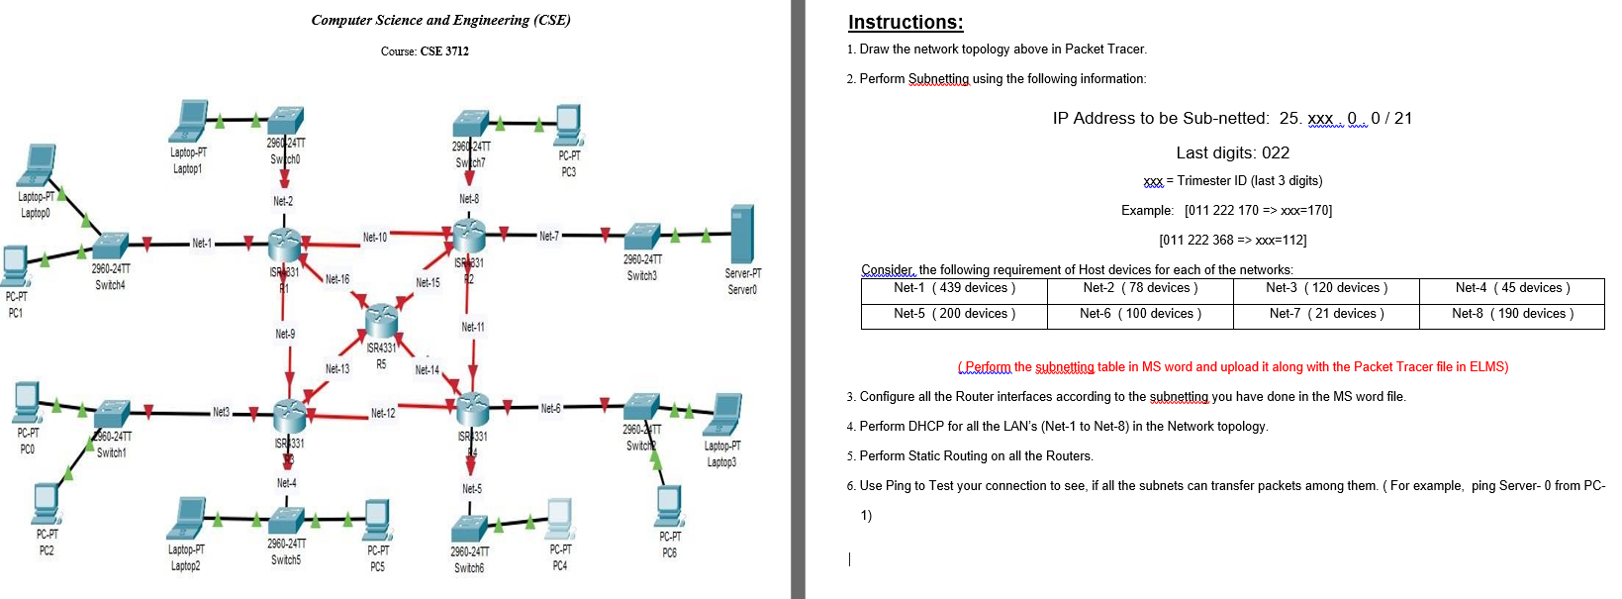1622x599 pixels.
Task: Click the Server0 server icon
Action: (x=741, y=234)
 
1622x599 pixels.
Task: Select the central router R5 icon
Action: (x=381, y=320)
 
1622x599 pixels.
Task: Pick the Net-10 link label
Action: (x=375, y=238)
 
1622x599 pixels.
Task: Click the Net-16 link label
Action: (x=337, y=279)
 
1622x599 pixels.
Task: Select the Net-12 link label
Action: (x=383, y=413)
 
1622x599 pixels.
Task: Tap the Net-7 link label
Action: (x=548, y=236)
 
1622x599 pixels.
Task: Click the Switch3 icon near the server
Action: (x=642, y=237)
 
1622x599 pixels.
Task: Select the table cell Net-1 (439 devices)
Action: (x=954, y=288)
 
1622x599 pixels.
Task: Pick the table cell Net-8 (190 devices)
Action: (x=1512, y=314)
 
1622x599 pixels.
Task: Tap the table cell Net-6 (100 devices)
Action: (x=1140, y=314)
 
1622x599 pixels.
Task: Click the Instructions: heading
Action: (x=906, y=22)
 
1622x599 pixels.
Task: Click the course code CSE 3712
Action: (x=444, y=50)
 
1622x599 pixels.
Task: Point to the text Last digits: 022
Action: (x=1232, y=152)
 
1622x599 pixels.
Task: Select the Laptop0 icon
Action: (x=38, y=165)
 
